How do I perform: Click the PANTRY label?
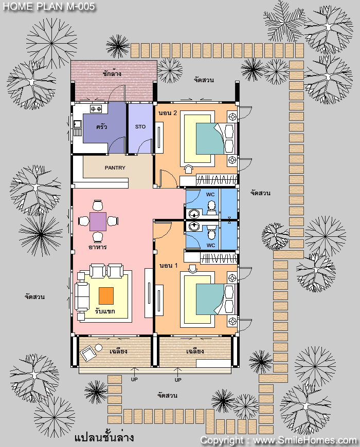tap(115, 167)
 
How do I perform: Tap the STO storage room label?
tap(140, 126)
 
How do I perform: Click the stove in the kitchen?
tap(96, 108)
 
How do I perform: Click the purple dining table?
tap(98, 221)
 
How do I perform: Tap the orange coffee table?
tap(106, 296)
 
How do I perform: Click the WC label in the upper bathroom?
tap(210, 194)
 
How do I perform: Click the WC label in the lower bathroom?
tap(211, 245)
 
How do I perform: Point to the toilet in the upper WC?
tap(211, 208)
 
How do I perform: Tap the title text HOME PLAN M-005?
tap(49, 7)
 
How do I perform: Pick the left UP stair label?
tap(134, 380)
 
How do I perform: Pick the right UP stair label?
tap(178, 380)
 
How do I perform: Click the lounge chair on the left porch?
tap(88, 353)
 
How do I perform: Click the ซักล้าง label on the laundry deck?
tap(112, 73)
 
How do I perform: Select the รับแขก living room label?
tap(105, 311)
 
